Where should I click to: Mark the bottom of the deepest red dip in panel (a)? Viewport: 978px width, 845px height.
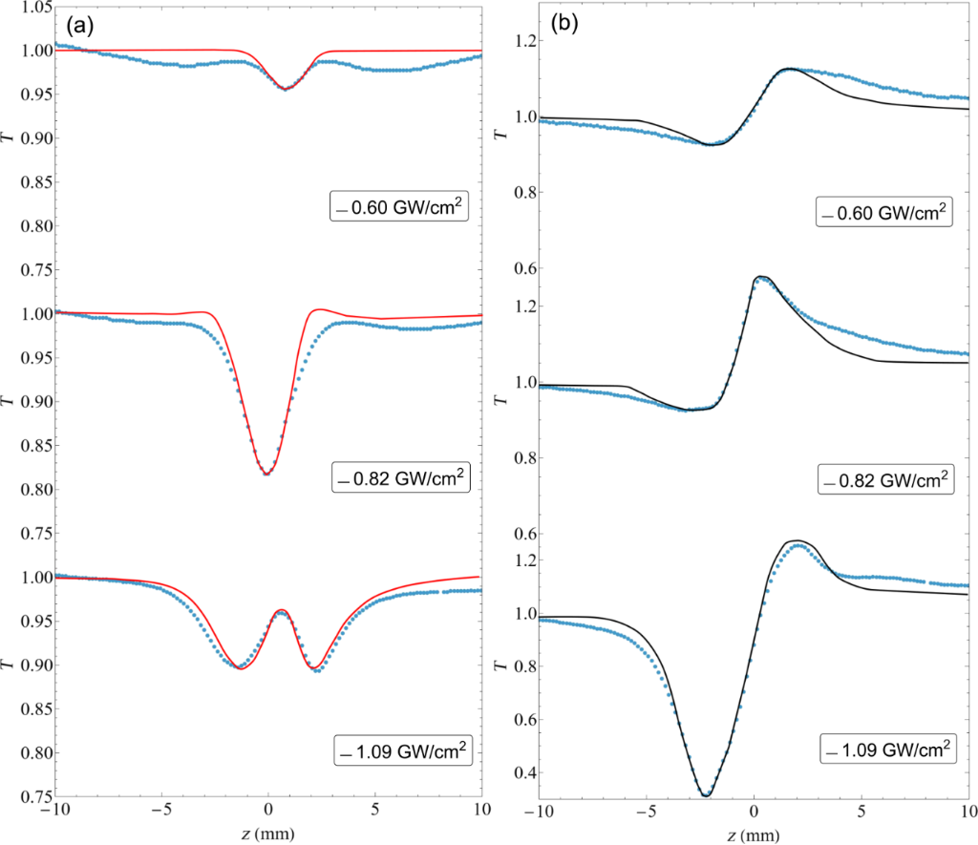tap(266, 475)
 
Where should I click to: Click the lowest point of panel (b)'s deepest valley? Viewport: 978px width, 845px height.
tap(706, 794)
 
